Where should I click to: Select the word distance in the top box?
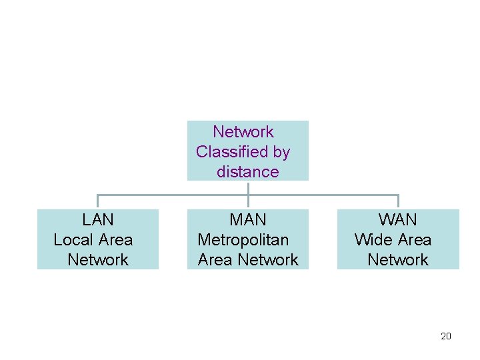coord(247,172)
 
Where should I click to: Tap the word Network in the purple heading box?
coord(243,132)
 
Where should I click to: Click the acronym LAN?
coord(98,220)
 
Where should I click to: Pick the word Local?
coord(73,240)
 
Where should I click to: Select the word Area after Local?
coord(115,240)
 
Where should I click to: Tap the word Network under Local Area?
coord(98,260)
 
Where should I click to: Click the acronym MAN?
coord(248,220)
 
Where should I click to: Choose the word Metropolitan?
coord(243,240)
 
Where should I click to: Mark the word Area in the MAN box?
coord(215,260)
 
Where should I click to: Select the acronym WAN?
coord(398,220)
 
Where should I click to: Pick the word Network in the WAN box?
coord(398,260)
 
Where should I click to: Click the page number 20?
coord(446,336)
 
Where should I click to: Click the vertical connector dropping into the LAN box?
coord(98,202)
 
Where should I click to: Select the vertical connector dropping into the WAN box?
coord(398,202)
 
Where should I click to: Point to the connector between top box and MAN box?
coord(248,195)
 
